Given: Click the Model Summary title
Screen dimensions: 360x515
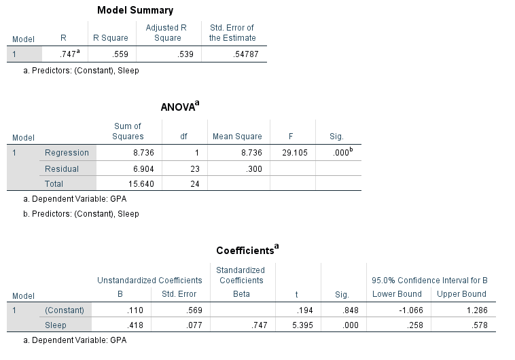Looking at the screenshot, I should pos(135,10).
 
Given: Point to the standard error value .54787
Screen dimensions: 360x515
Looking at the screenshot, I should pos(244,54).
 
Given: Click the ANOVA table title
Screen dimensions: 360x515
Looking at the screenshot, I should pos(179,107).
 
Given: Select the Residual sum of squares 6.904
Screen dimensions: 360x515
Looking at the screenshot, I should pos(139,168).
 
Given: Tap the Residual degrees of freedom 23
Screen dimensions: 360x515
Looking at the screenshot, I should pos(194,168).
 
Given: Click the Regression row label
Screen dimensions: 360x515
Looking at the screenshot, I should pos(67,153).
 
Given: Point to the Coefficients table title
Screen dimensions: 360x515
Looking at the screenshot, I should pos(247,250).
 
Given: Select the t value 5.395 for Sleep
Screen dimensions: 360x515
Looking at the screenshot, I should pos(300,325).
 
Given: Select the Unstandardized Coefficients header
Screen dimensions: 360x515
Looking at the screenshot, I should pos(149,280).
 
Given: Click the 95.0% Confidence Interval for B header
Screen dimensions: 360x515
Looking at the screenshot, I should pos(429,280).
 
